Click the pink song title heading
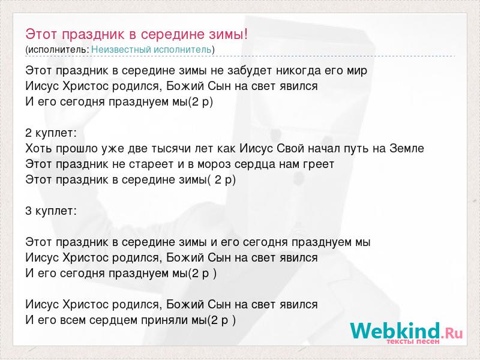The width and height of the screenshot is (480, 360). click(137, 34)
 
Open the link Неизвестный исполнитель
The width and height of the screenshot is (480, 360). click(151, 49)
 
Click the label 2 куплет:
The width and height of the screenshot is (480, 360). click(51, 133)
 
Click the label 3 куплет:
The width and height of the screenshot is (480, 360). click(51, 211)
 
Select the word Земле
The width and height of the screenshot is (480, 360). click(407, 148)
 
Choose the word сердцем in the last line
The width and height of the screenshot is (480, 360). click(113, 320)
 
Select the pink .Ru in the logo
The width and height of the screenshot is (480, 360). click(452, 333)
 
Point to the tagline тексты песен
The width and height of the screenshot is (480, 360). click(413, 341)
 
